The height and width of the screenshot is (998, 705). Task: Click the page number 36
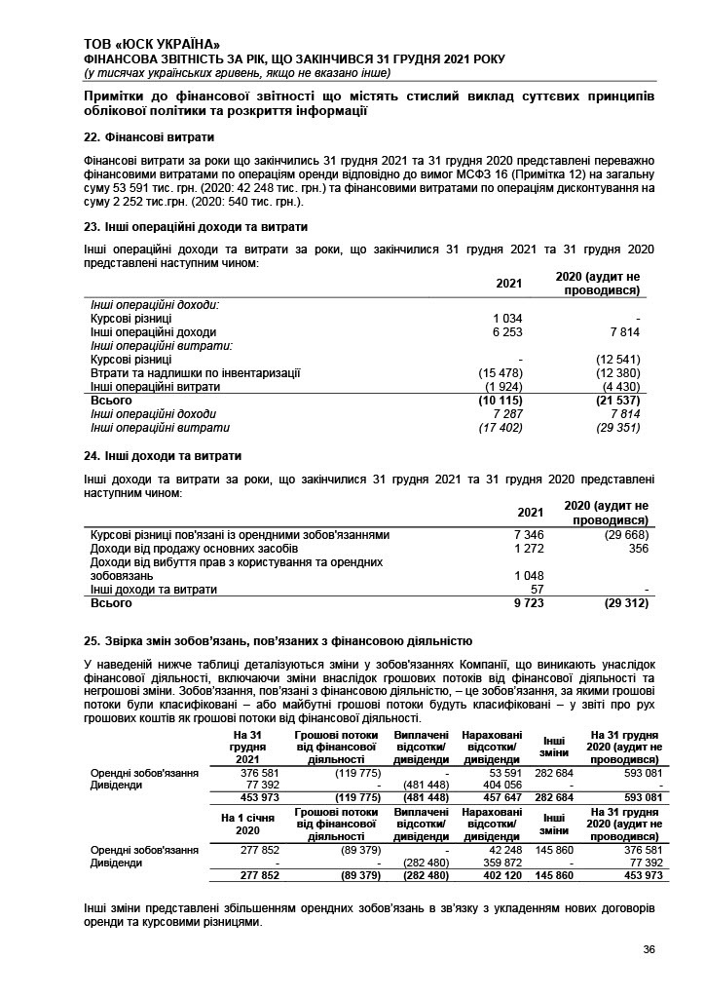coord(649,951)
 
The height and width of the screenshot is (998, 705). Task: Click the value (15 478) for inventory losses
coord(501,373)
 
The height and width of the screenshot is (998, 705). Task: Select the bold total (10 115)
coord(501,401)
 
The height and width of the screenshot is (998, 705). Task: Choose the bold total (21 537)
coord(617,401)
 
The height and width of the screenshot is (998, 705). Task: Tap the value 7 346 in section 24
coord(528,535)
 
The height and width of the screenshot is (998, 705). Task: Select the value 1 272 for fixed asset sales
coord(528,549)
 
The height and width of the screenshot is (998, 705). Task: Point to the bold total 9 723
coord(528,603)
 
